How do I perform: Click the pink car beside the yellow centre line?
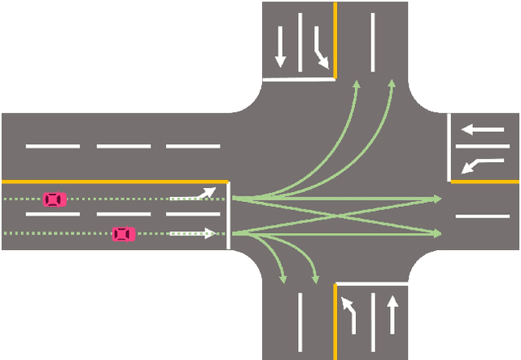pyautogui.click(x=55, y=199)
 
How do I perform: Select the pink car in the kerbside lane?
pyautogui.click(x=123, y=234)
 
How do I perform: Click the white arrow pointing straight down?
pyautogui.click(x=280, y=47)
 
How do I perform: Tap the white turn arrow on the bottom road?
pyautogui.click(x=349, y=314)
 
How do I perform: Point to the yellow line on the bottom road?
pyautogui.click(x=335, y=322)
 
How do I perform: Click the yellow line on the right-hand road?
pyautogui.click(x=485, y=182)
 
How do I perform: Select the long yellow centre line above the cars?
pyautogui.click(x=114, y=181)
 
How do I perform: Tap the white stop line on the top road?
pyautogui.click(x=299, y=80)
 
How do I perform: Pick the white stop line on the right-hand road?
pyautogui.click(x=449, y=147)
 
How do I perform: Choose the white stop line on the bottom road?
pyautogui.click(x=371, y=283)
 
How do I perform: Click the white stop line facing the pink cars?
pyautogui.click(x=229, y=215)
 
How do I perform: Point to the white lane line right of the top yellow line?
pyautogui.click(x=373, y=41)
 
